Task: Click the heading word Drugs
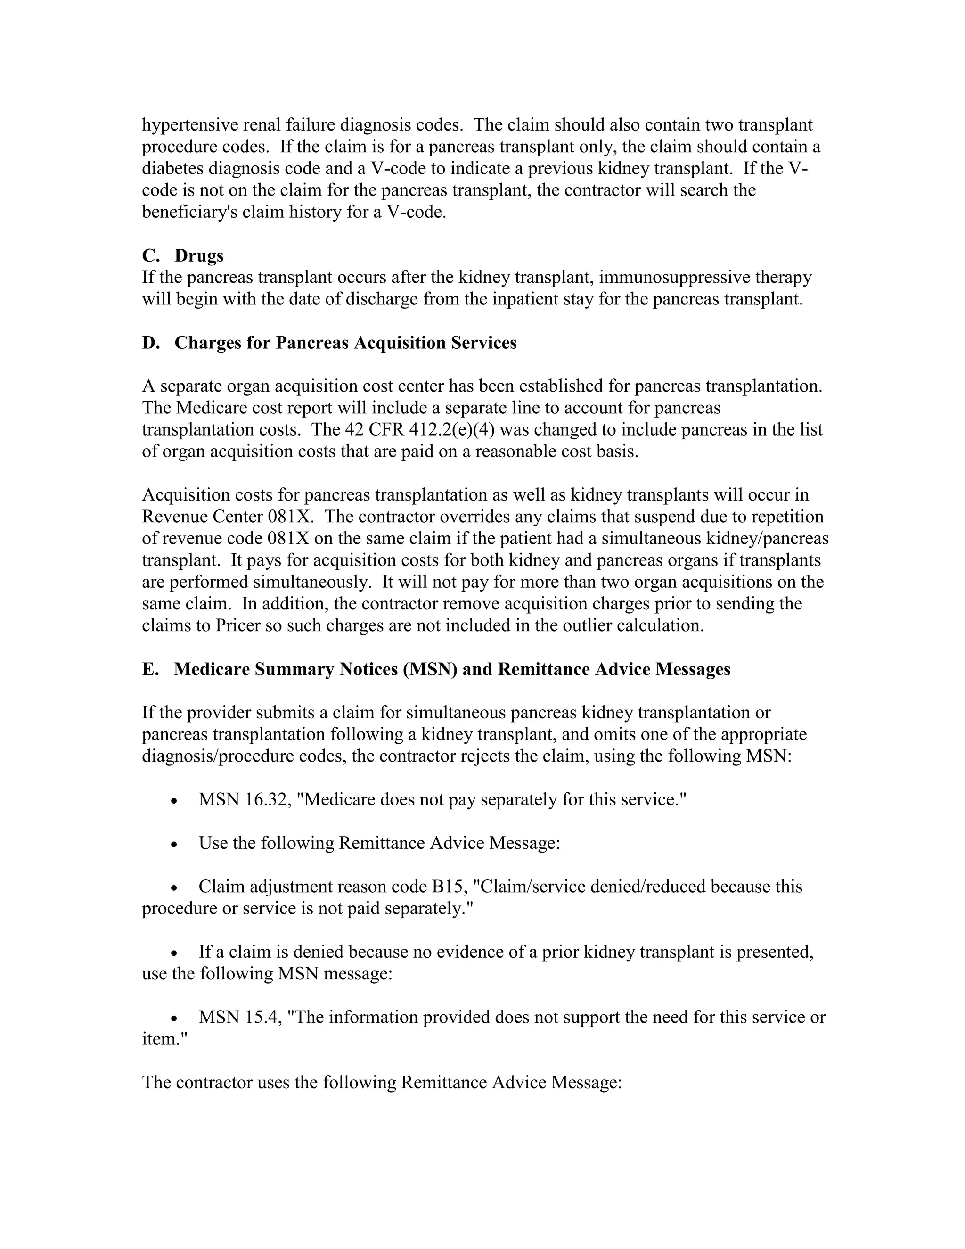click(199, 255)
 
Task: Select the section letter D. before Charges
click(150, 343)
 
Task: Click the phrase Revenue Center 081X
click(227, 517)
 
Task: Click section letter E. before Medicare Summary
click(150, 669)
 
